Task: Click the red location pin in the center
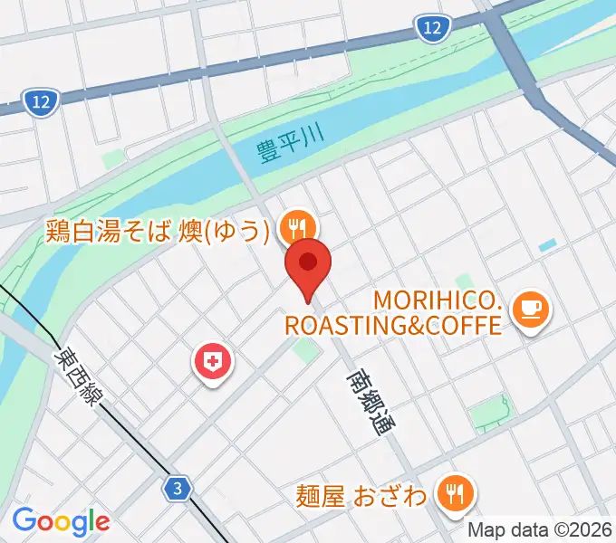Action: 308,264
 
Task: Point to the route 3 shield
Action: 178,489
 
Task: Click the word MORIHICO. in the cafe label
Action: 437,300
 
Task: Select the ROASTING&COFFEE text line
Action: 393,324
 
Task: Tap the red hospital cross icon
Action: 214,364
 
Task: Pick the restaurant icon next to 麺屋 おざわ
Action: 453,492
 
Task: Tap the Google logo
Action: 61,521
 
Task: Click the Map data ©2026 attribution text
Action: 540,529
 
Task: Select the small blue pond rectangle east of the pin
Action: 547,245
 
